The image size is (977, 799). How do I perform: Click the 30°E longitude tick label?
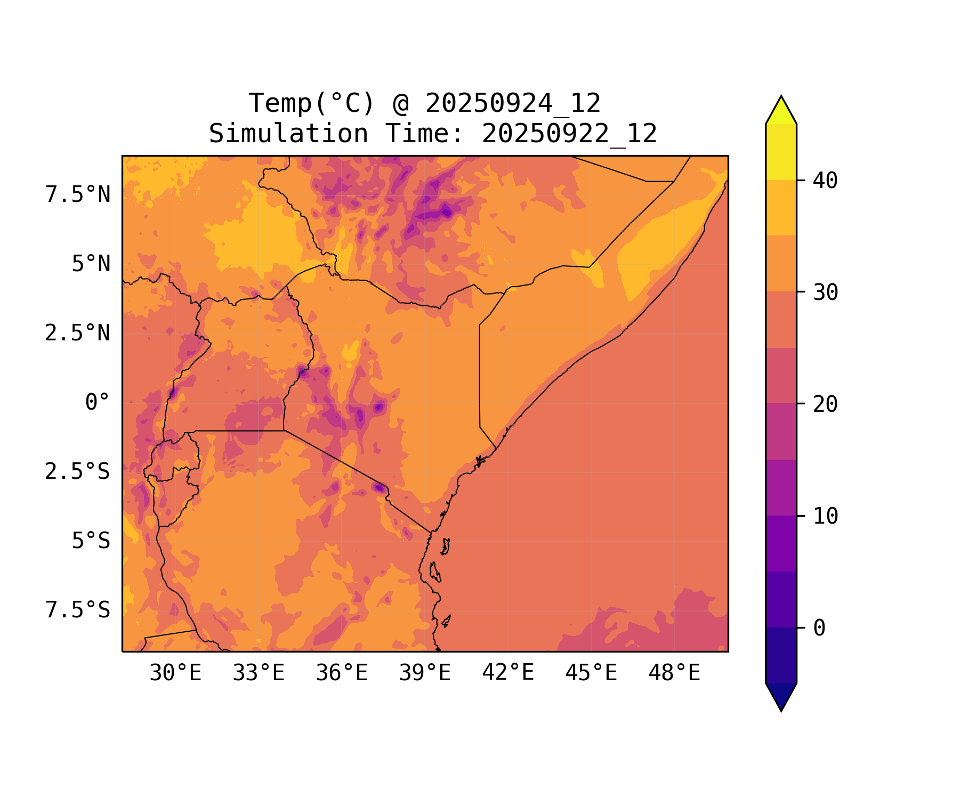click(175, 673)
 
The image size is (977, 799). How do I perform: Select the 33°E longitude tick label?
click(259, 673)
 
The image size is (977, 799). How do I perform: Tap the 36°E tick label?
click(342, 673)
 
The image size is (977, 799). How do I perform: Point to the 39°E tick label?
click(425, 673)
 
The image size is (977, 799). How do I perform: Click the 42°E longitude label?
click(508, 673)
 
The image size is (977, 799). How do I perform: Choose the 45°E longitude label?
click(591, 673)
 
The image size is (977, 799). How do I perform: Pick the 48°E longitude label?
click(674, 673)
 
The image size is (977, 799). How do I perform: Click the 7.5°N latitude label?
click(78, 195)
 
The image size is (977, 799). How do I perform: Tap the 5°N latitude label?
click(91, 264)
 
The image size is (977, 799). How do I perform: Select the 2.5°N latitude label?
click(77, 333)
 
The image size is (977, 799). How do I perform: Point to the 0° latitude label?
click(97, 402)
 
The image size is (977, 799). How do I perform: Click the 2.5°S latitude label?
click(77, 471)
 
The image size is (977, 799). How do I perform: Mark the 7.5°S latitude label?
click(78, 610)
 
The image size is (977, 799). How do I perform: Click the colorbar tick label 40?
click(825, 181)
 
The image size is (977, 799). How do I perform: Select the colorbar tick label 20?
click(825, 404)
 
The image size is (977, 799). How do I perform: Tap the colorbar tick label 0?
click(819, 628)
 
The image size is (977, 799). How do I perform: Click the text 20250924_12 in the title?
click(513, 103)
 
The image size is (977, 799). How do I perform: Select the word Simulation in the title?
click(288, 134)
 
